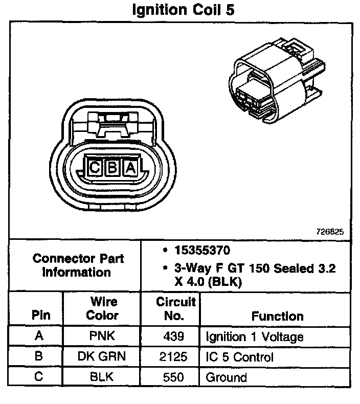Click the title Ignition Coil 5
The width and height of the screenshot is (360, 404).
[x=183, y=10]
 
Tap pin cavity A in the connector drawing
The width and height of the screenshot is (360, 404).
[x=131, y=167]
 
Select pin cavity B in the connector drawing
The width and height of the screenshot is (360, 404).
[x=112, y=167]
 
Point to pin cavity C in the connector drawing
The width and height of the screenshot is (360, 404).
[x=95, y=167]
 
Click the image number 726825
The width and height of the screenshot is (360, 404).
[x=329, y=231]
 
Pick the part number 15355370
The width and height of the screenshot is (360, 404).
[x=202, y=251]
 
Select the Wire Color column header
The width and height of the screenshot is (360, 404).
[x=102, y=308]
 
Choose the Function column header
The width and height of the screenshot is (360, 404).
[x=277, y=316]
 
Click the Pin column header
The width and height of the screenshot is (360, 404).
[x=41, y=315]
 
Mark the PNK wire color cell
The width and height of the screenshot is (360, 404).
[x=102, y=337]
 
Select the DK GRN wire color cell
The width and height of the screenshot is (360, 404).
[x=102, y=357]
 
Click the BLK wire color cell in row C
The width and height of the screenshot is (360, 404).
[x=102, y=377]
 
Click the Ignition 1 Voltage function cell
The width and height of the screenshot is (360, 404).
[x=254, y=337]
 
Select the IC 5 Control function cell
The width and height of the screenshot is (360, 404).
[x=239, y=357]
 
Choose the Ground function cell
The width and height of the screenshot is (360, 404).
[x=226, y=377]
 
